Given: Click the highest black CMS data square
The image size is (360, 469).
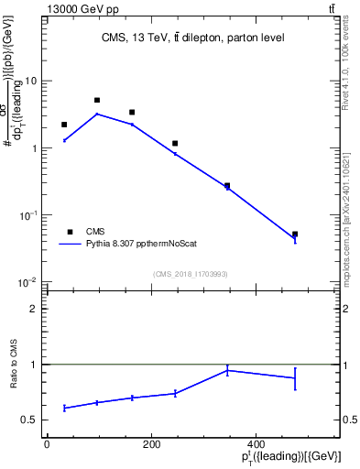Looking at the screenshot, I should pos(97,100).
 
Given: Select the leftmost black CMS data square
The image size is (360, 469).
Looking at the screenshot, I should pos(64,125).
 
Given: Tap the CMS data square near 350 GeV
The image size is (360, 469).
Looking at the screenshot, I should pos(227,186).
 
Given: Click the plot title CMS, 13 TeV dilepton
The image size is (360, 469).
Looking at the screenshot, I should pos(192,38).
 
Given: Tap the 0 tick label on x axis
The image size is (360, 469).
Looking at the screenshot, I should pos(47,444).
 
